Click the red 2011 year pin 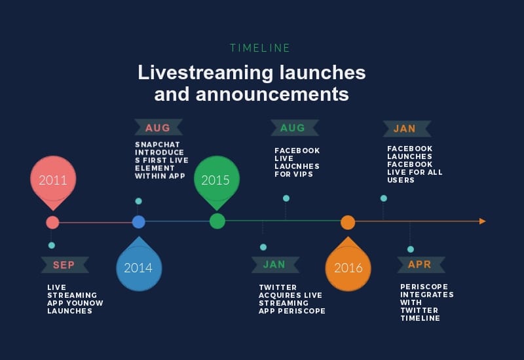53,180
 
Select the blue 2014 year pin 138,267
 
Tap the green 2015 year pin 217,180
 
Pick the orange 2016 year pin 348,267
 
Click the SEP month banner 64,265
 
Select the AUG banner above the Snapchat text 158,128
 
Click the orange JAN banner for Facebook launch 405,129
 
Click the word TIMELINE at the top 260,48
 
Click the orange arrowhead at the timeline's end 483,221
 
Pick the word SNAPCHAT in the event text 157,145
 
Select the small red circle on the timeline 52,223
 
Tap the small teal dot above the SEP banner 52,245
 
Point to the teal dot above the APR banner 411,249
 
